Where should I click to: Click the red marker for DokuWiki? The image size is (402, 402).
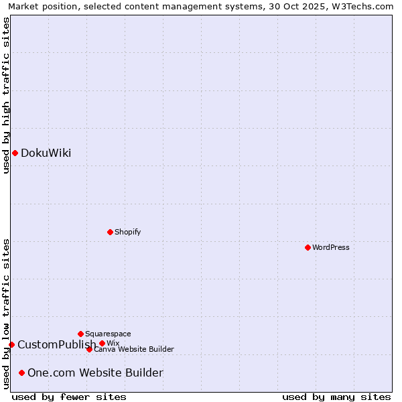coord(15,153)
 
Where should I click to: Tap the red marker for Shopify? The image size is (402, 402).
coord(111,232)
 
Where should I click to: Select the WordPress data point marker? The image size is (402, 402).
coord(308,247)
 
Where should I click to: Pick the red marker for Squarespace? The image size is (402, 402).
coord(80,334)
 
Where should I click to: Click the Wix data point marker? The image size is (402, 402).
coord(102,343)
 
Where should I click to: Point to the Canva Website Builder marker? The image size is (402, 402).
coord(89,349)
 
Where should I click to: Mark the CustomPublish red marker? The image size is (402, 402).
coord(11,344)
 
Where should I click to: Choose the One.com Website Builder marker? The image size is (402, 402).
coord(22,373)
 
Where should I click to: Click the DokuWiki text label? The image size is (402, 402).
coord(46,153)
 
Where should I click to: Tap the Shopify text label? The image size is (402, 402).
coord(127,232)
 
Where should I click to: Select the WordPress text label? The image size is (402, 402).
coord(331,247)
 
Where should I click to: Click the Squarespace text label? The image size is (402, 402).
coord(108,334)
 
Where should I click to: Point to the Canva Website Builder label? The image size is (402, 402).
coord(134,349)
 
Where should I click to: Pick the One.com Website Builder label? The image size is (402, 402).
coord(95,373)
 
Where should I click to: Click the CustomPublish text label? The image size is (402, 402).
coord(56,344)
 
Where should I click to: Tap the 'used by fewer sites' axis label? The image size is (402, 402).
coord(69,397)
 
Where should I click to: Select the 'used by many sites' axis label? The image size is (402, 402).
coord(336,397)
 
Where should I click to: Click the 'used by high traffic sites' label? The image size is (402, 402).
coord(6,95)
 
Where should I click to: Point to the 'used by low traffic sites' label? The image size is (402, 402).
coord(6,314)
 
